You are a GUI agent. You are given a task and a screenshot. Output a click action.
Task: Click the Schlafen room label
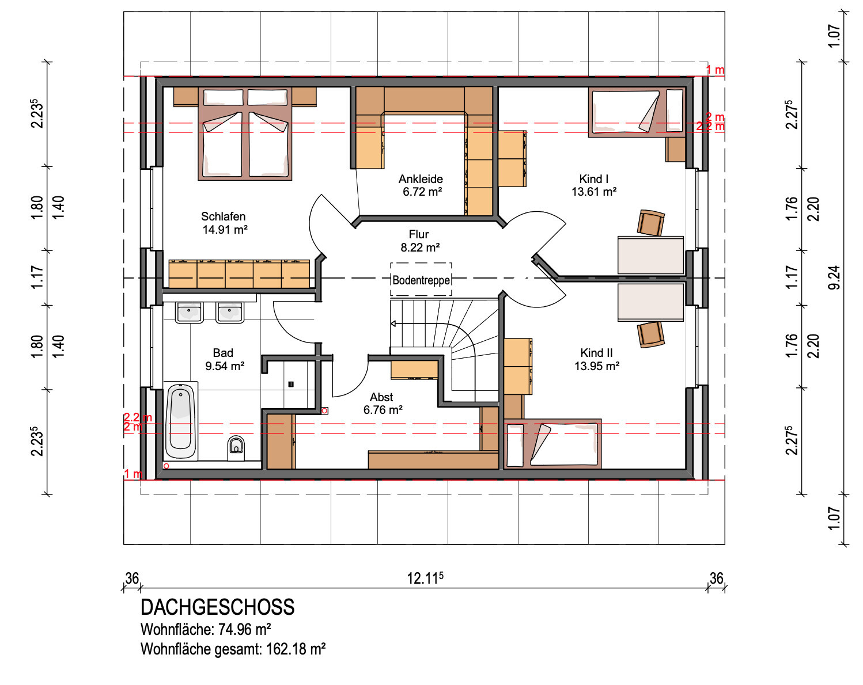click(224, 216)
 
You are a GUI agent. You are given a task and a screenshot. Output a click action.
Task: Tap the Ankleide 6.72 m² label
click(421, 185)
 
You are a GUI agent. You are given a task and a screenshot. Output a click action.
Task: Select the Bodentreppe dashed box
click(421, 279)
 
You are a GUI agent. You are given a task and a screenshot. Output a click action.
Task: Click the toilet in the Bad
click(236, 448)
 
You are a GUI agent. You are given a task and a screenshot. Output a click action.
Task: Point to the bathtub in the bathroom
click(181, 421)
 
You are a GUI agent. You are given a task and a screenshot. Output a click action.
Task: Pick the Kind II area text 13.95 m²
click(597, 366)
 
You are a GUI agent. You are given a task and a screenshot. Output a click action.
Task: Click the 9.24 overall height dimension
click(834, 277)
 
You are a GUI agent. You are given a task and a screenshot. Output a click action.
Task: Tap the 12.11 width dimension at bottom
click(425, 578)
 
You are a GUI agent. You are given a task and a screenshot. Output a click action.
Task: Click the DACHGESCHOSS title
click(217, 607)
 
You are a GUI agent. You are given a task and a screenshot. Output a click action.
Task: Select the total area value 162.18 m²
click(296, 649)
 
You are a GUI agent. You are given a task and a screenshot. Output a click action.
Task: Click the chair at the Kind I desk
click(650, 223)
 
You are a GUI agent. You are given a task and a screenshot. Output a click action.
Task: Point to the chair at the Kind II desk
click(650, 334)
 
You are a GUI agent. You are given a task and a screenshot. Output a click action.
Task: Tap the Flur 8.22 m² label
click(420, 241)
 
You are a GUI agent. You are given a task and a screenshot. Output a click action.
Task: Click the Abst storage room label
click(381, 397)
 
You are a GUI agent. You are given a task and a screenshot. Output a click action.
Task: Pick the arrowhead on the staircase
click(393, 324)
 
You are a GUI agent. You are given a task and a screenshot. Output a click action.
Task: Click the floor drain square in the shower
click(291, 385)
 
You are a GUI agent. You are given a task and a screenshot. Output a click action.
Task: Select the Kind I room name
click(593, 179)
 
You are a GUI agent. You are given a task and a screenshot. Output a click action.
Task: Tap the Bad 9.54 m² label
click(225, 359)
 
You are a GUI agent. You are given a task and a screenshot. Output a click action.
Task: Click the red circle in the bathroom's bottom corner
click(166, 466)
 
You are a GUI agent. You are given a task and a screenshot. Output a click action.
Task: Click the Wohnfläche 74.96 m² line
click(206, 630)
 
